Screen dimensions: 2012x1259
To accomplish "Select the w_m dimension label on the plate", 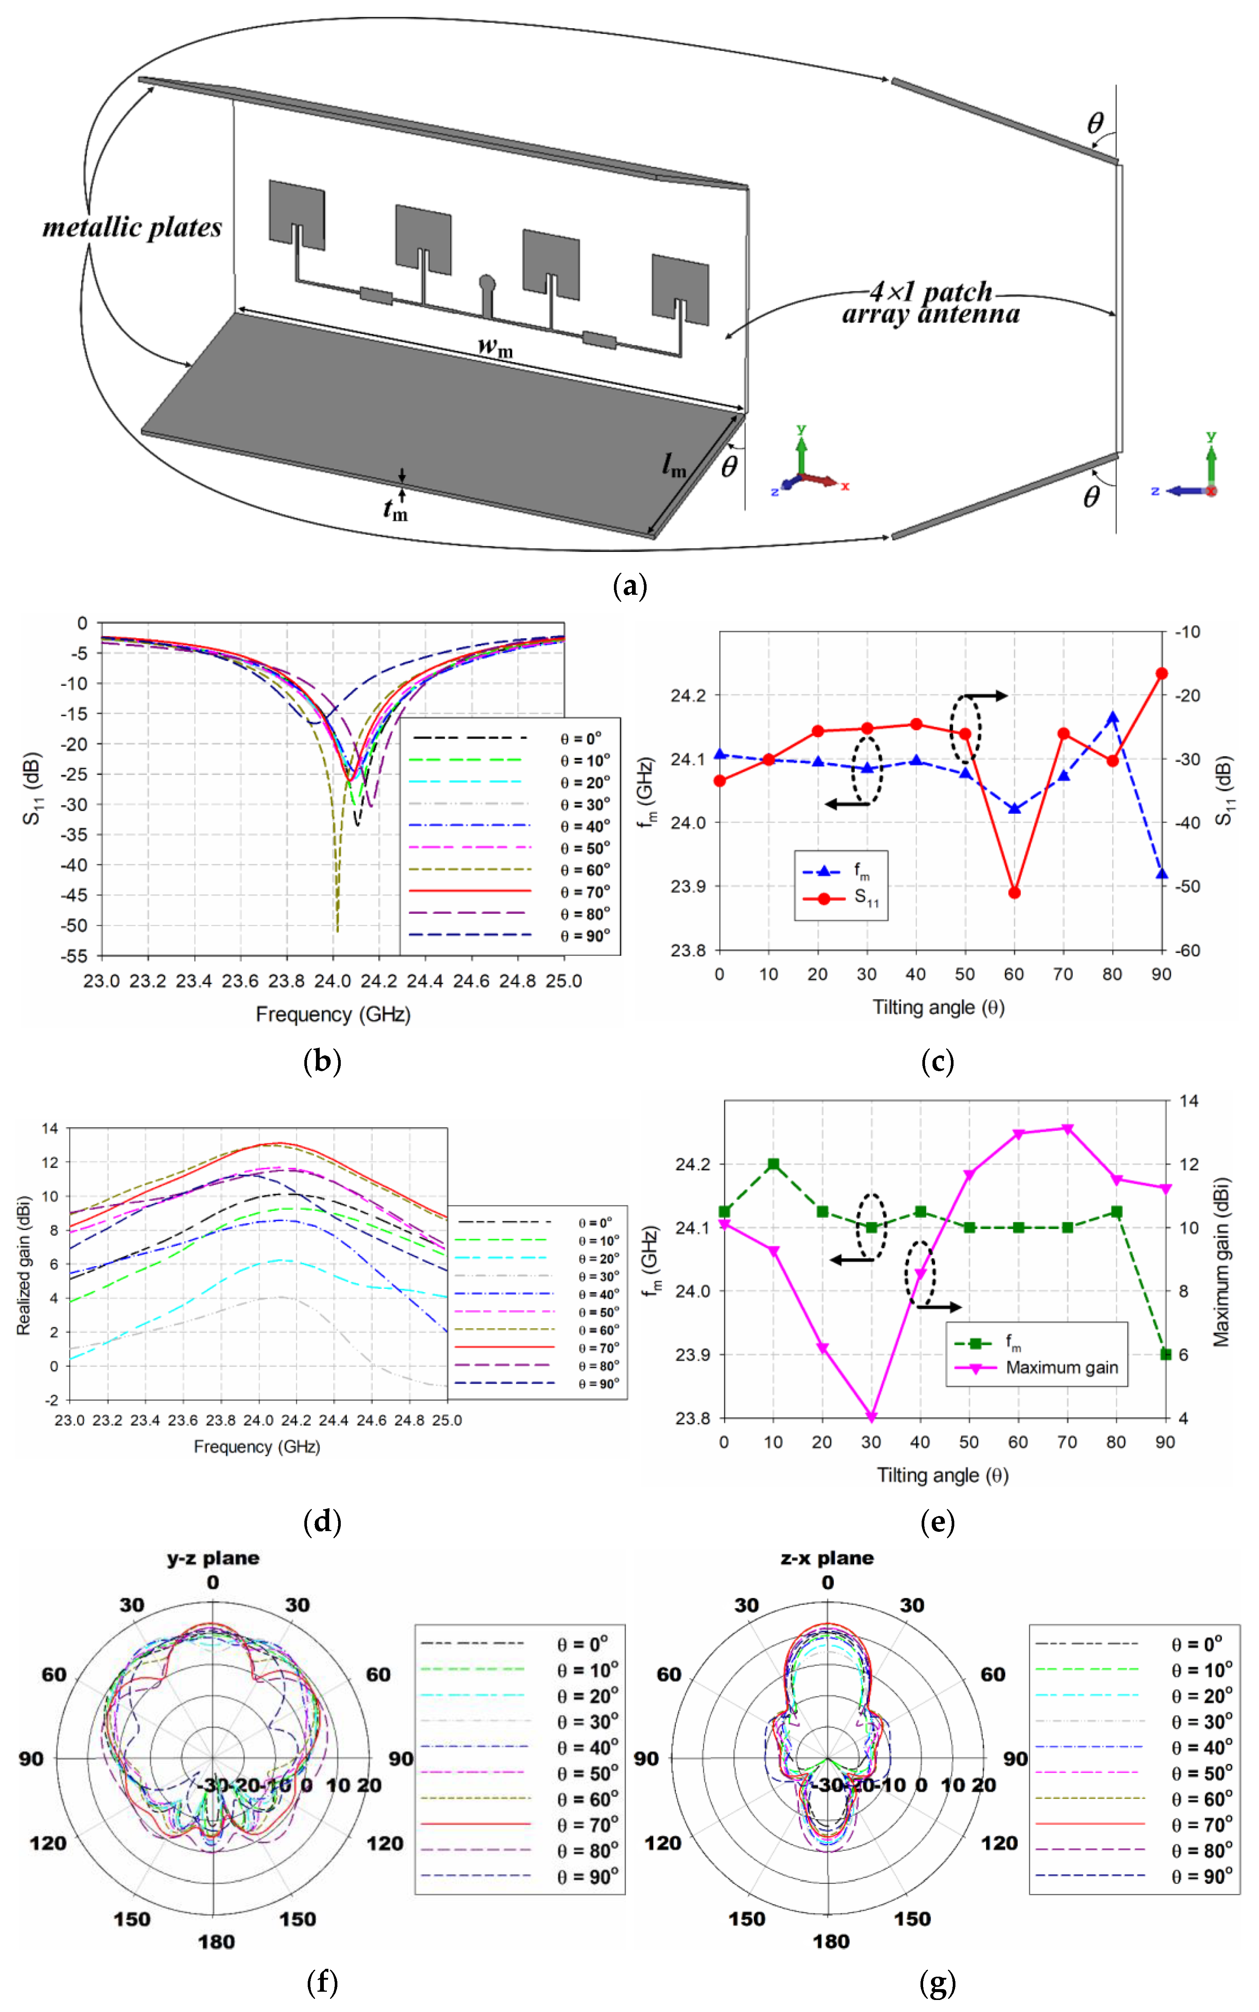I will pos(494,345).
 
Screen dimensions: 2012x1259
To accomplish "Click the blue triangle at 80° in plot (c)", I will pos(1112,717).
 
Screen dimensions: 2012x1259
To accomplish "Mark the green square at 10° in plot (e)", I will pos(774,1164).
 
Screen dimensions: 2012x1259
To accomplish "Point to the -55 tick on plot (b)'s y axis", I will pos(75,955).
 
